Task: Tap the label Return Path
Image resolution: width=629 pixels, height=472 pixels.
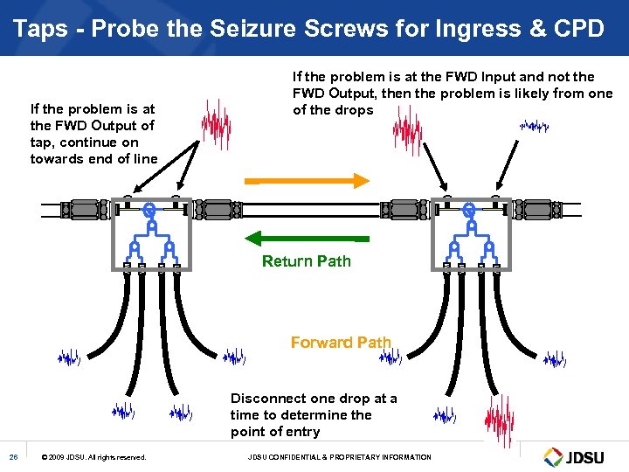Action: point(307,260)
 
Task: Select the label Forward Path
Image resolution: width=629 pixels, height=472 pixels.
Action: point(341,343)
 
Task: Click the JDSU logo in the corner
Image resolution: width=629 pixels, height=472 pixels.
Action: point(577,456)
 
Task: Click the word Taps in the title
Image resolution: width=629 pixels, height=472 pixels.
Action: point(41,28)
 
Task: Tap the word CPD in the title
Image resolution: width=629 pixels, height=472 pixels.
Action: point(578,28)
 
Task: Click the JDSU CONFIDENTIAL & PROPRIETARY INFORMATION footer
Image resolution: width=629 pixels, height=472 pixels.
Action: point(340,457)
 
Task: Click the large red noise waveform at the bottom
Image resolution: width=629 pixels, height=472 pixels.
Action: point(499,420)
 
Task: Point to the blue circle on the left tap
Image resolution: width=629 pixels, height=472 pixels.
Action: point(149,211)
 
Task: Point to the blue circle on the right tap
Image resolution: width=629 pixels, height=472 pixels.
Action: point(469,211)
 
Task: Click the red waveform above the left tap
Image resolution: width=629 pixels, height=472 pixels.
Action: point(216,124)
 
